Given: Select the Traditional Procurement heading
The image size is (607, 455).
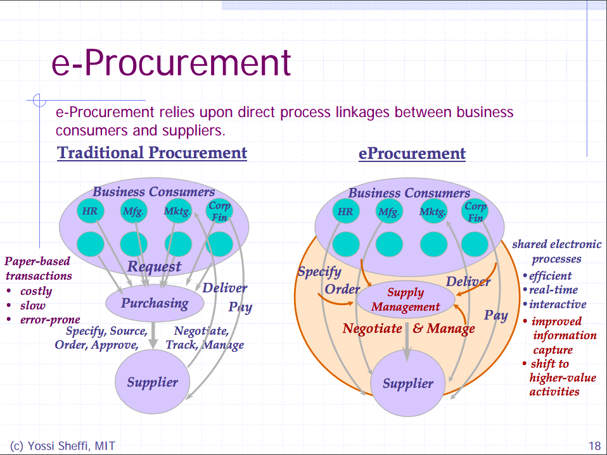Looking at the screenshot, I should (152, 153).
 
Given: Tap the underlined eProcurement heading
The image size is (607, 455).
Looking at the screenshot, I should (412, 154).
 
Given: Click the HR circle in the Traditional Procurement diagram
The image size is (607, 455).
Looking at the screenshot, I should (90, 211).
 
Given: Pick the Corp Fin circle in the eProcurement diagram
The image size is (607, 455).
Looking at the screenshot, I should (475, 211).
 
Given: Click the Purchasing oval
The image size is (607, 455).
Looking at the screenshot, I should (155, 303).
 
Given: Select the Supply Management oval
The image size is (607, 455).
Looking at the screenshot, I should (406, 299).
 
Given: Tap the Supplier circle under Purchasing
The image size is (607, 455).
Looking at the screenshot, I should (152, 382).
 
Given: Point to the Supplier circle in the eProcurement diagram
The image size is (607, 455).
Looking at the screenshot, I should (408, 383).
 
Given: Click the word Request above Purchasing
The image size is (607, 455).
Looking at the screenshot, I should (154, 266).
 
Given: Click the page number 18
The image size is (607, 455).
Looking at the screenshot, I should (594, 446).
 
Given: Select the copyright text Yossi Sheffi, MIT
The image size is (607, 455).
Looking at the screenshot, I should (63, 446).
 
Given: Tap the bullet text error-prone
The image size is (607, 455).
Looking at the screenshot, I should (50, 320).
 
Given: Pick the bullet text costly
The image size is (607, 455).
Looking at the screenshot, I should (36, 291).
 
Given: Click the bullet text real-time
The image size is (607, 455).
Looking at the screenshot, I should (553, 290).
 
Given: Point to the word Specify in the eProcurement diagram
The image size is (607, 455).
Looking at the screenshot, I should (319, 272).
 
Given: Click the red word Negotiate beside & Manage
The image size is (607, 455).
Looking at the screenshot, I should (372, 328).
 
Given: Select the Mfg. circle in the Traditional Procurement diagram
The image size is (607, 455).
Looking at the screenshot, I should (133, 211).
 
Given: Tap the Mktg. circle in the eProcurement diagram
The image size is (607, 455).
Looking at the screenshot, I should (433, 211).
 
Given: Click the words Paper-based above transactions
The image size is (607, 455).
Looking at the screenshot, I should (37, 261).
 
